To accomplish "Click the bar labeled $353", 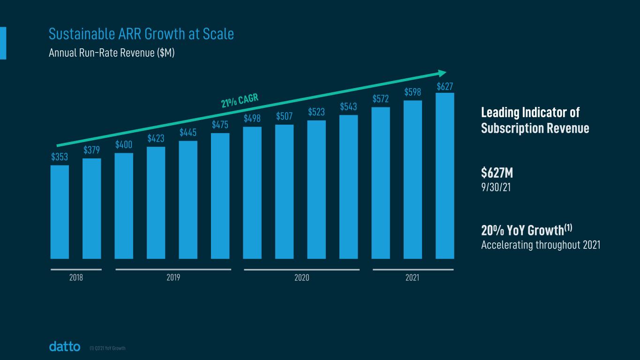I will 60,212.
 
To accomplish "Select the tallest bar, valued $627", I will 444,176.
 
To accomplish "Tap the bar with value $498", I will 252,193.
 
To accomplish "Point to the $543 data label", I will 349,106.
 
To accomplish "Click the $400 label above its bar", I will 124,145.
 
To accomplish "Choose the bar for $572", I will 381,183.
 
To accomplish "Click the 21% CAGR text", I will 240,101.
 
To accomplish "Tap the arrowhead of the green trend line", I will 442,73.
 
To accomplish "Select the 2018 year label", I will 76,277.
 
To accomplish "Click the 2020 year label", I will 301,277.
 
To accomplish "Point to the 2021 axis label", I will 413,277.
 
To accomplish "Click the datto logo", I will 65,347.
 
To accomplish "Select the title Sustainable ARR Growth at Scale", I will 141,34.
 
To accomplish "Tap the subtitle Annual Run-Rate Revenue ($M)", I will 112,53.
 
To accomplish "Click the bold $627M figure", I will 497,173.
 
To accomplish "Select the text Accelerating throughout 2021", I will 541,245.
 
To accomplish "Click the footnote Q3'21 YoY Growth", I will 107,348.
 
